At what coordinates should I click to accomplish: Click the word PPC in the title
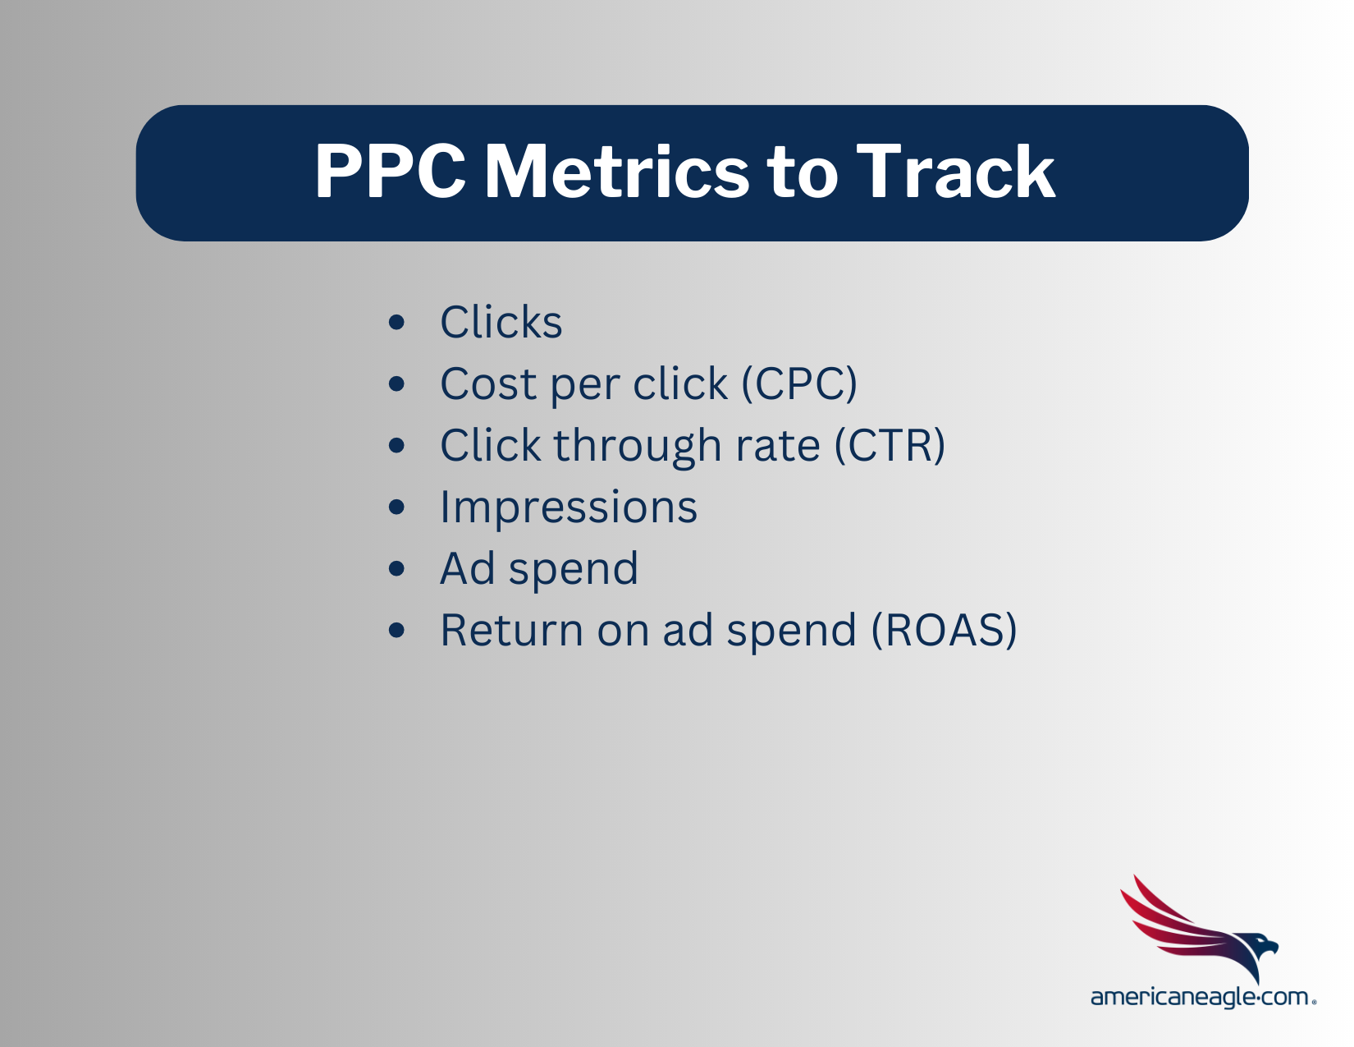[390, 172]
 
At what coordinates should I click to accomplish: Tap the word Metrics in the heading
[615, 172]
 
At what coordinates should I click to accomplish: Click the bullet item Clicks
[501, 322]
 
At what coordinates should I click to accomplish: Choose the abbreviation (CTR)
[890, 445]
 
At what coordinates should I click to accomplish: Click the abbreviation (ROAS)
[944, 630]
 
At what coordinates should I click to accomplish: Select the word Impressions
[568, 507]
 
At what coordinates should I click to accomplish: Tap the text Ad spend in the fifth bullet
[538, 568]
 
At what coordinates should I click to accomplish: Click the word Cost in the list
[487, 383]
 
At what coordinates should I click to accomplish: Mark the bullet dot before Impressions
[397, 507]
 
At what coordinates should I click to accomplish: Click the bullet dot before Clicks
[397, 322]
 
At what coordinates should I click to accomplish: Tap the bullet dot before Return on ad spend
[397, 630]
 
